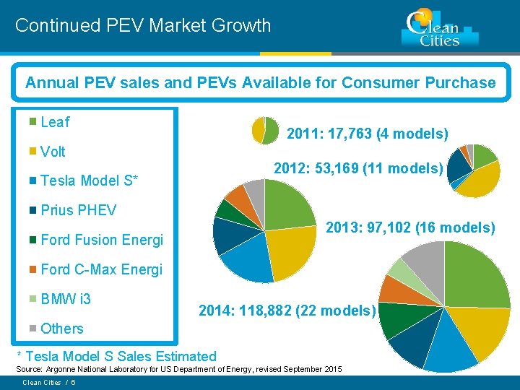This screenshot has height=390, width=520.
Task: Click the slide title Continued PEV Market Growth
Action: pyautogui.click(x=143, y=25)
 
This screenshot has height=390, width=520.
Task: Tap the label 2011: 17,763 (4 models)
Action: pyautogui.click(x=368, y=134)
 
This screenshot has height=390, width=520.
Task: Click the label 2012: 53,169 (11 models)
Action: pyautogui.click(x=358, y=168)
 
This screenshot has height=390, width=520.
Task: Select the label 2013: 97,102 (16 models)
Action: pyautogui.click(x=410, y=227)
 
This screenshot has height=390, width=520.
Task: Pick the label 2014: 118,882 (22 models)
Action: pyautogui.click(x=287, y=311)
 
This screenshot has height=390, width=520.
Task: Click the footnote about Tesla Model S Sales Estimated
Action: pyautogui.click(x=116, y=355)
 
